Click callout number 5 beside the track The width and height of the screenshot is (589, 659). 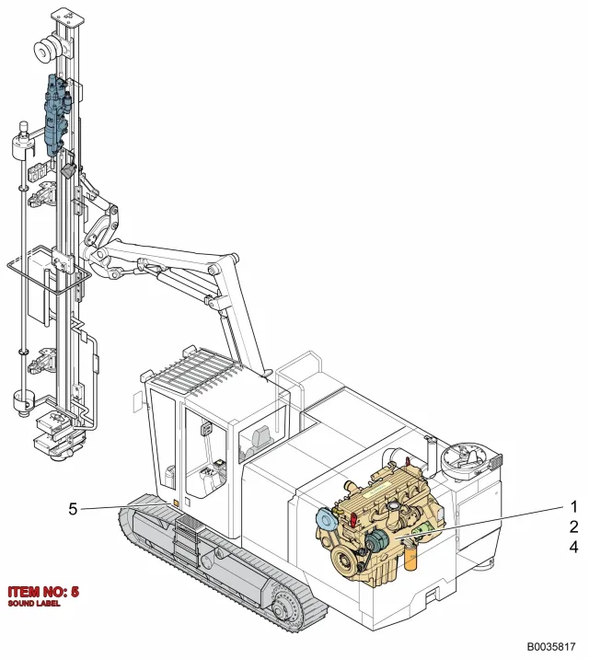73,509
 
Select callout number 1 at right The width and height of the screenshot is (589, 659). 573,507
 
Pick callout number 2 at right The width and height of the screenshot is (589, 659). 573,526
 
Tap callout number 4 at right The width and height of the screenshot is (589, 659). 573,547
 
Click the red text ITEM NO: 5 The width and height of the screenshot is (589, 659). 43,592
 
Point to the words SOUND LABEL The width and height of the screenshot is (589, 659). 34,604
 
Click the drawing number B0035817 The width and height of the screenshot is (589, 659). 551,646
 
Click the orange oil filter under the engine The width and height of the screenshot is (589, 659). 410,556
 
